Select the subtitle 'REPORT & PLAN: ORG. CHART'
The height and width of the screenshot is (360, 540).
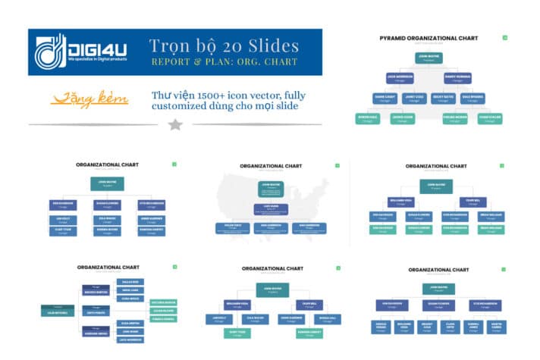point(224,61)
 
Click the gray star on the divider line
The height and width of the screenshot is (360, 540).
point(175,124)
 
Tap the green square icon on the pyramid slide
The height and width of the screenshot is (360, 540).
point(505,36)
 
